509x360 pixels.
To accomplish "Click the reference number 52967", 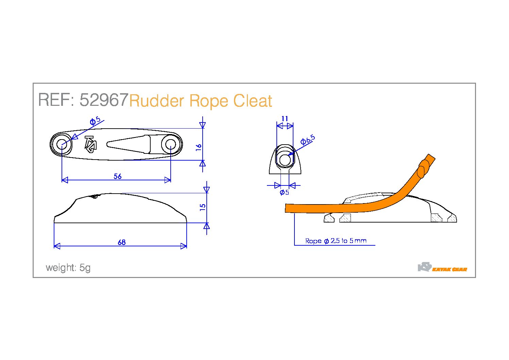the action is (104, 100).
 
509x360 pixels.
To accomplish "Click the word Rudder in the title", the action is (156, 100).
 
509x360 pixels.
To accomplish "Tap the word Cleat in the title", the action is (253, 100).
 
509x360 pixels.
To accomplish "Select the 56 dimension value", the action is (118, 176).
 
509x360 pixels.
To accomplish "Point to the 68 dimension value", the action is (122, 242).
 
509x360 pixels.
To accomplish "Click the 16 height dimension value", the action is (199, 147).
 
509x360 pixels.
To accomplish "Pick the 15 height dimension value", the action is (202, 207).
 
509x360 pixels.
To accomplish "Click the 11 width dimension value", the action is (285, 119).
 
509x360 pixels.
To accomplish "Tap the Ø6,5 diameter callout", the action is (308, 140).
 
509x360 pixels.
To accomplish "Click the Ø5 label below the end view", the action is (284, 192).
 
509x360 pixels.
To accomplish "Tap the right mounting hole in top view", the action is (170, 144).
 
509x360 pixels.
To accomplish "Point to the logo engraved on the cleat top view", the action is (91, 144).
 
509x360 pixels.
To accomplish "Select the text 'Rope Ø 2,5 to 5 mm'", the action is (336, 241).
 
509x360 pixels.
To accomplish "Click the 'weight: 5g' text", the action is (68, 268).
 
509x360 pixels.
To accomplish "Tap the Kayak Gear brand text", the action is (449, 269).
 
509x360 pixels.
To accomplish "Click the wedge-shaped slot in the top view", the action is (129, 144).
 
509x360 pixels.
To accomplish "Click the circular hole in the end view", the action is (285, 160).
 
